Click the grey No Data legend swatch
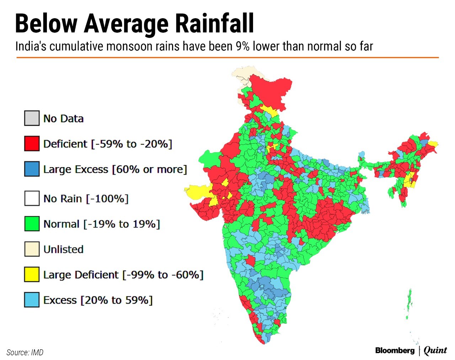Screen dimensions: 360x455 click(32, 118)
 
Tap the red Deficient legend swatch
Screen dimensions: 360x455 click(32, 144)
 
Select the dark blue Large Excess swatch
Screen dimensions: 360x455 click(32, 169)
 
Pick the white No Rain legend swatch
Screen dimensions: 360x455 click(32, 198)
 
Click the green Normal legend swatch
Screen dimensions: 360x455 click(32, 224)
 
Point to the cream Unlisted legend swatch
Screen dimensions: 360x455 click(32, 249)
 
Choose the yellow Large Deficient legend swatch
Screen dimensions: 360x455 click(32, 275)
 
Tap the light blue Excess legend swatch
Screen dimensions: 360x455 click(32, 300)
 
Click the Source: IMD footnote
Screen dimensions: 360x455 click(25, 353)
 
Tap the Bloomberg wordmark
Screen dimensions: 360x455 click(395, 351)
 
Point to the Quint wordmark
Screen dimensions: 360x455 click(435, 350)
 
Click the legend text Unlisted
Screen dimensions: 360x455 click(63, 249)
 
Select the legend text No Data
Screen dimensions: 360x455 click(63, 119)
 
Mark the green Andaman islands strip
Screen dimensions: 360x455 click(409, 302)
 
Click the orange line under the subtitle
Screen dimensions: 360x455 click(227, 57)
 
